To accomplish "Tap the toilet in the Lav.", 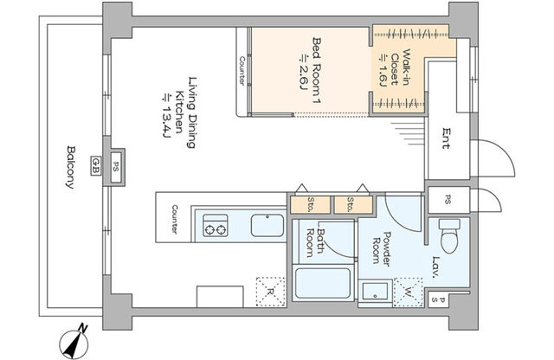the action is click(x=449, y=235).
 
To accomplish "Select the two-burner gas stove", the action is click(x=216, y=225).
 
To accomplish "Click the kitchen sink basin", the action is click(x=267, y=225).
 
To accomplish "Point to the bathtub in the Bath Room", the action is click(x=323, y=283).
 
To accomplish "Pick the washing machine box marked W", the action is click(x=408, y=292).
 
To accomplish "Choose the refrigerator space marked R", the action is click(x=271, y=292).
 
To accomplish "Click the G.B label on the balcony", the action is click(x=95, y=165).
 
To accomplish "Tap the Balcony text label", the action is click(x=71, y=167).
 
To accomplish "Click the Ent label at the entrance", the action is click(x=447, y=138).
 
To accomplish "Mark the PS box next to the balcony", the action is click(x=116, y=167).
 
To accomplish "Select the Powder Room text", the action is click(x=382, y=249).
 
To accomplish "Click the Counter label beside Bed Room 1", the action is click(x=242, y=71).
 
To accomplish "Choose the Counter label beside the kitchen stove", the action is click(x=175, y=219).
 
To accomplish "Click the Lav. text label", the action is click(x=435, y=267).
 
